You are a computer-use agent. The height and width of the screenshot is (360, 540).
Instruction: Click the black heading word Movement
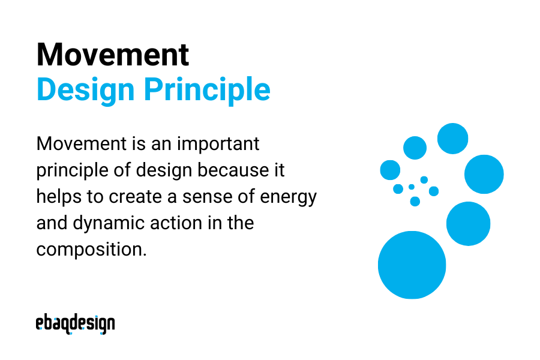pyautogui.click(x=112, y=55)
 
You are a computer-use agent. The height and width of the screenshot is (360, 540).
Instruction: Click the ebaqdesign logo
pyautogui.click(x=75, y=324)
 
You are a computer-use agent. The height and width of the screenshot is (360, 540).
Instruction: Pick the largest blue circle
pyautogui.click(x=412, y=265)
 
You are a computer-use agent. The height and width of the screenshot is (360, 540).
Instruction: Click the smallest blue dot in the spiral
pyautogui.click(x=412, y=187)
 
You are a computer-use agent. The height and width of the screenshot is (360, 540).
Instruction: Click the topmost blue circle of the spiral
pyautogui.click(x=452, y=139)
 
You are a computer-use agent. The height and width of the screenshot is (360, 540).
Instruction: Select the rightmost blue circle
pyautogui.click(x=484, y=174)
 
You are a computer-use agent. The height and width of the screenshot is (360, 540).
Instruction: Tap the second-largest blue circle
pyautogui.click(x=468, y=223)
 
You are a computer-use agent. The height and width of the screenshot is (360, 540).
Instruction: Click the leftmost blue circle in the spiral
pyautogui.click(x=390, y=170)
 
